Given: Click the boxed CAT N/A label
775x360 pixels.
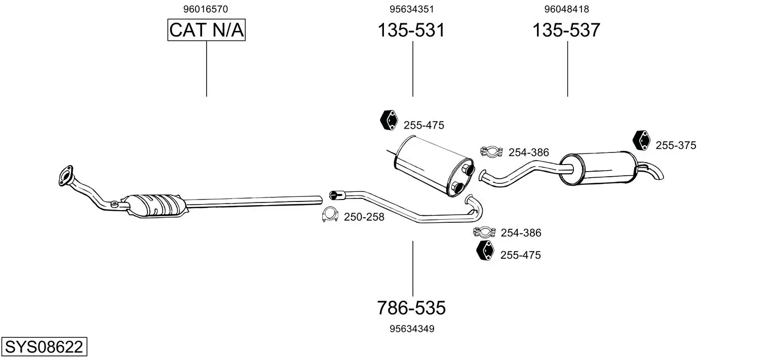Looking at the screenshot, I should pyautogui.click(x=207, y=30).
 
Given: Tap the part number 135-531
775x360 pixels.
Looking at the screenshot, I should pyautogui.click(x=411, y=30).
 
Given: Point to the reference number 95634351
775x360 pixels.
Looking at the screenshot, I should pyautogui.click(x=412, y=9).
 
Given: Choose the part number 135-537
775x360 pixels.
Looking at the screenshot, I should pyautogui.click(x=566, y=30).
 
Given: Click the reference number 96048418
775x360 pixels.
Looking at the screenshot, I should pyautogui.click(x=566, y=9).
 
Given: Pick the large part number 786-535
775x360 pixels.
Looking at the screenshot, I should pyautogui.click(x=411, y=307).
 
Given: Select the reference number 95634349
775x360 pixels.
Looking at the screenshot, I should pyautogui.click(x=412, y=329).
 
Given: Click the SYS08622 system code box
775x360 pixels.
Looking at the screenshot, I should pyautogui.click(x=44, y=347).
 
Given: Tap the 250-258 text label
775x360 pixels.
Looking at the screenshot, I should pyautogui.click(x=364, y=217).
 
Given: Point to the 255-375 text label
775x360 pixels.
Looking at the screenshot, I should pyautogui.click(x=676, y=146).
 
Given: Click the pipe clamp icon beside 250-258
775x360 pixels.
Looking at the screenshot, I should pyautogui.click(x=330, y=216).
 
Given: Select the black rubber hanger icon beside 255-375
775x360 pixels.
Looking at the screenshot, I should pyautogui.click(x=642, y=140).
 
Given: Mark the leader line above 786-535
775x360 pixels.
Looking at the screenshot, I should pyautogui.click(x=413, y=268).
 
